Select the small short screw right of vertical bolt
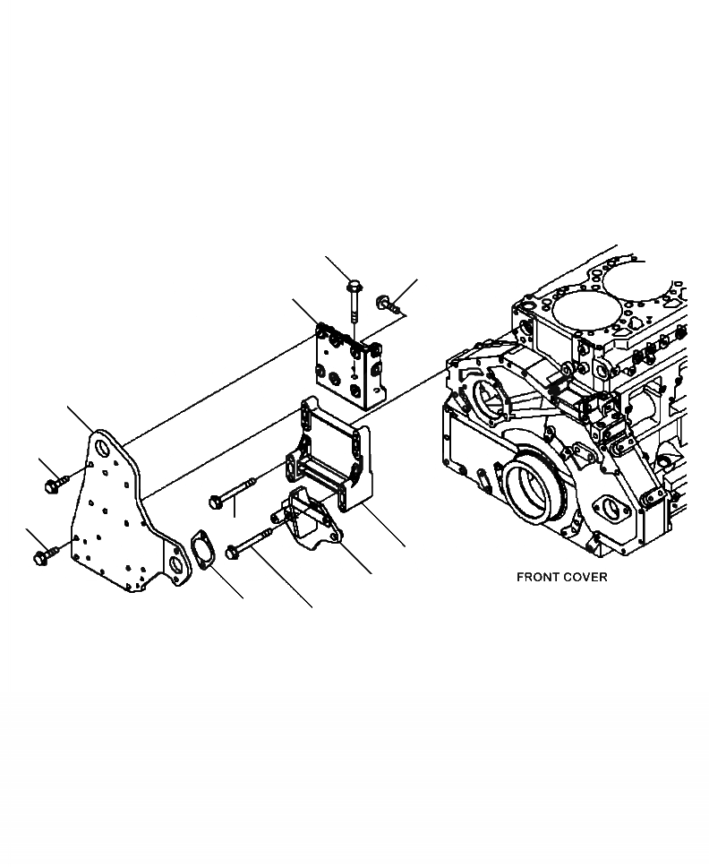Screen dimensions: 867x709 [388, 305]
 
